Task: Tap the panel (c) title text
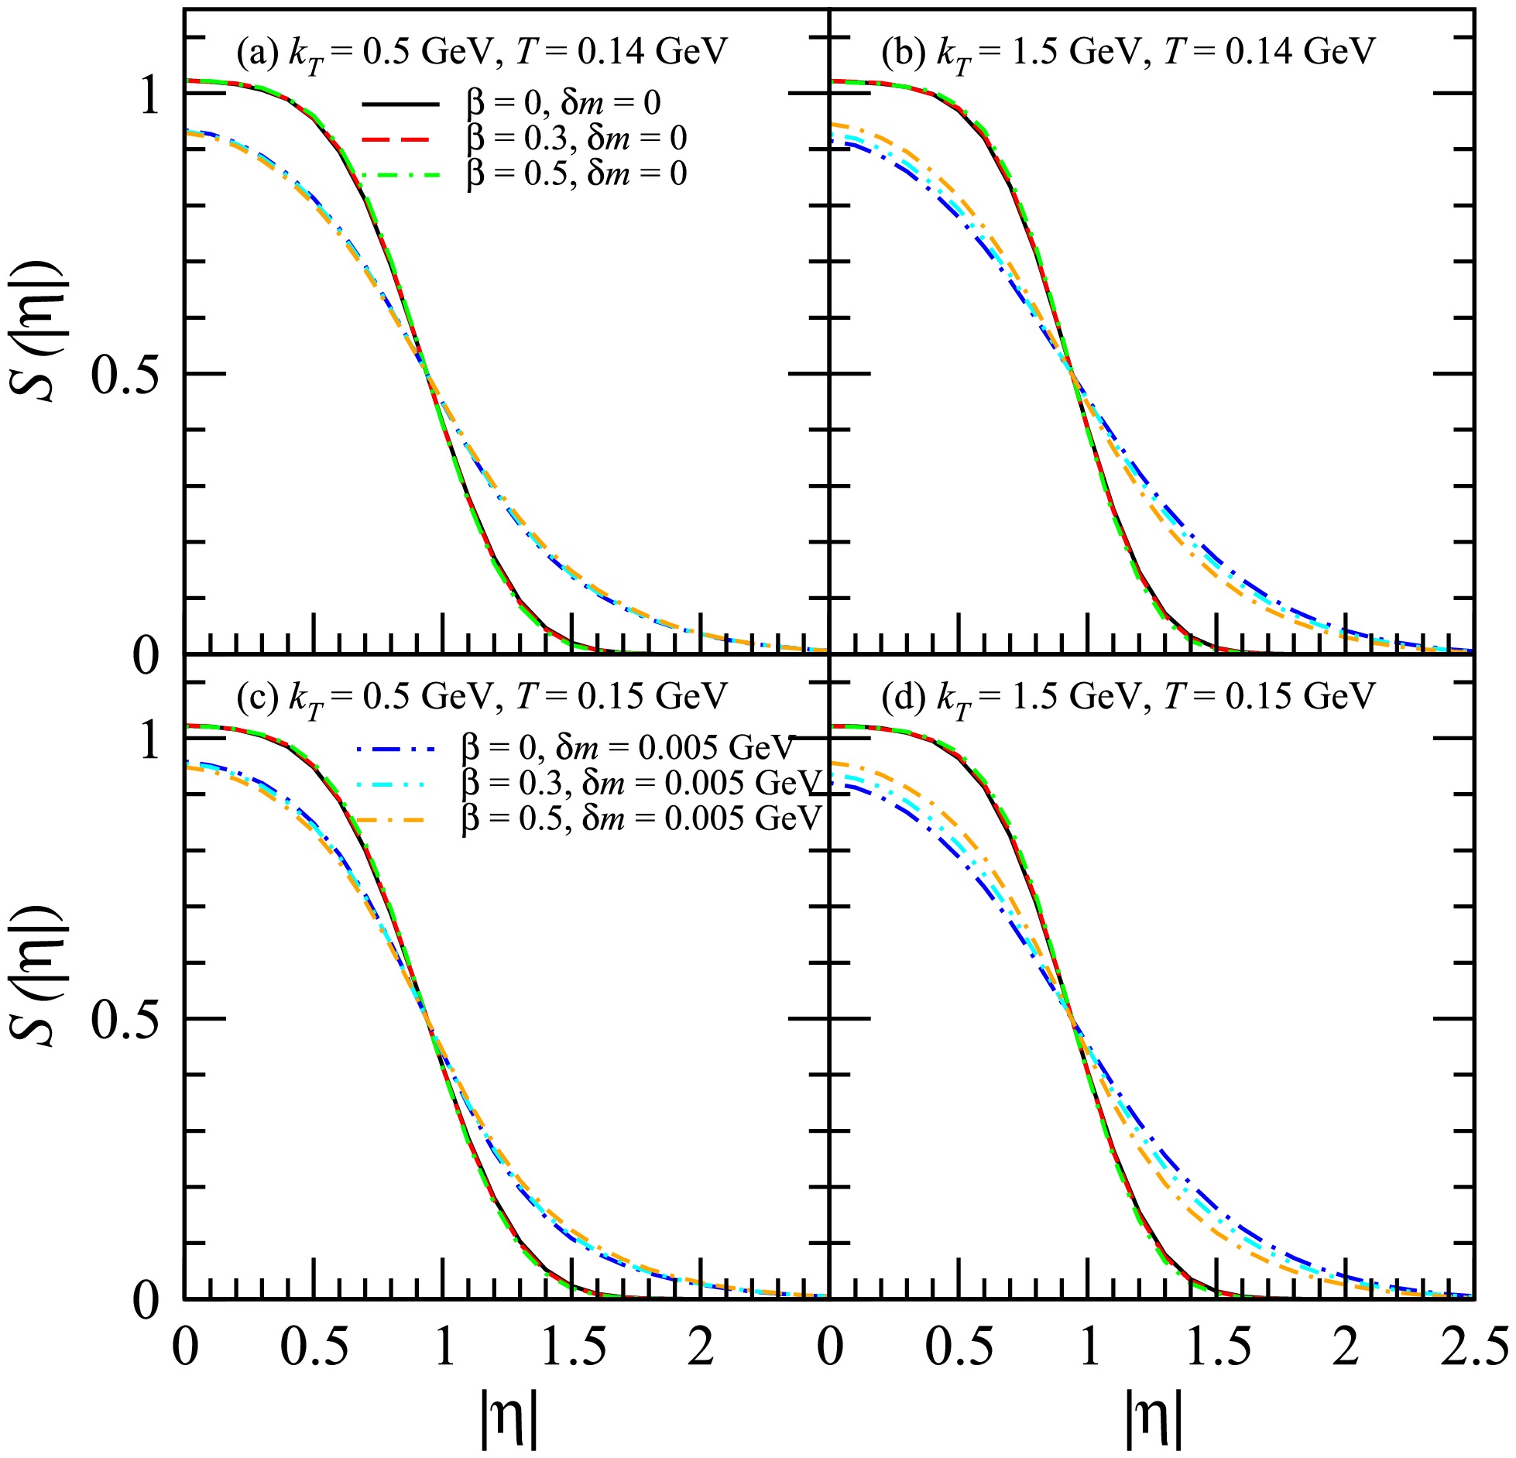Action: (x=482, y=698)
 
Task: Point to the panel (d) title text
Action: (x=1127, y=698)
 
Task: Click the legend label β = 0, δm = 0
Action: (x=563, y=103)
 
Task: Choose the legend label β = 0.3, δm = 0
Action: (x=576, y=139)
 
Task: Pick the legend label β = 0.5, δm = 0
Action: (x=576, y=173)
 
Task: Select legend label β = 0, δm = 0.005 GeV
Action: (x=628, y=748)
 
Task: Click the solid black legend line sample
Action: (x=400, y=104)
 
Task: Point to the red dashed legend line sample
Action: (x=400, y=139)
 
